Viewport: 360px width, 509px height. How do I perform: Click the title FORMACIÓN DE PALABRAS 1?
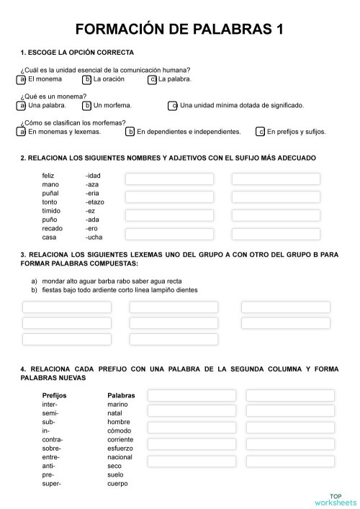pos(179,30)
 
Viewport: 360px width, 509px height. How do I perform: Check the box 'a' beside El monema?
pos(22,79)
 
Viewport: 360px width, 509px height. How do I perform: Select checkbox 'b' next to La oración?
pos(87,79)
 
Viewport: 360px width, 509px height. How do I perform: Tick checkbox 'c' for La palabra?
pos(152,79)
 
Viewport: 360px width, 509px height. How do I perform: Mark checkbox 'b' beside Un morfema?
pos(87,106)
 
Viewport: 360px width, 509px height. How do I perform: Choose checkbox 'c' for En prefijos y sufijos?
pos(260,132)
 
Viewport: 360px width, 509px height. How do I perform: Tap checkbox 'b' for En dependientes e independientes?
pos(130,132)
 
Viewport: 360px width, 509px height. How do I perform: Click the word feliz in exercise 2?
pos(48,176)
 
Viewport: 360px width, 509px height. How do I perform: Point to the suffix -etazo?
pos(94,202)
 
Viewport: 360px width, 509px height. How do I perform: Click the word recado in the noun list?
pos(53,228)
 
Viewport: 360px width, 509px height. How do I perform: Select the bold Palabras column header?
pos(121,395)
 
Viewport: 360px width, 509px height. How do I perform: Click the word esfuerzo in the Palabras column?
pos(121,448)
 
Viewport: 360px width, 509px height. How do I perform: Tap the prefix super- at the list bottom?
pos(52,483)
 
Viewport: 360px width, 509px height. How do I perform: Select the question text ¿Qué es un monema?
pos(54,96)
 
